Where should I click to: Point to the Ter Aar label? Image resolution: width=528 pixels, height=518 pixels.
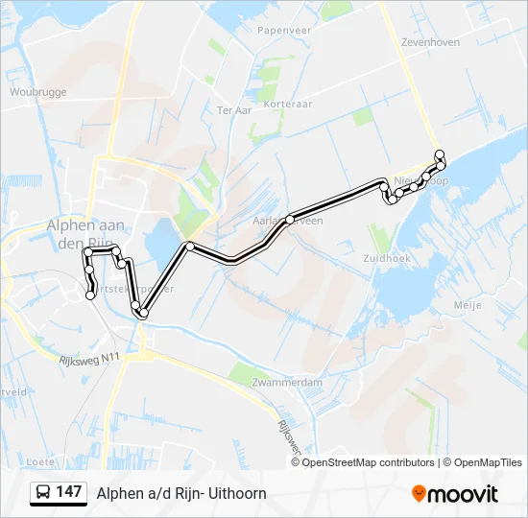pyautogui.click(x=234, y=110)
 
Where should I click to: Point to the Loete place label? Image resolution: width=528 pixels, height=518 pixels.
pyautogui.click(x=41, y=460)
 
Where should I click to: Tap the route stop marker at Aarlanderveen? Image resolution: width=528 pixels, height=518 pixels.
pyautogui.click(x=289, y=219)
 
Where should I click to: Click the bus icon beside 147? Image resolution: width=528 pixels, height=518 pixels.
pyautogui.click(x=43, y=493)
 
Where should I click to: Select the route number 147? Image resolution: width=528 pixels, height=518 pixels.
pyautogui.click(x=69, y=492)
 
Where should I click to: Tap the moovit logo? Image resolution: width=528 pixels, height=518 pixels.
pyautogui.click(x=455, y=493)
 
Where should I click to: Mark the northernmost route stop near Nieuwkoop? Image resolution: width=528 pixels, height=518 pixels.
pyautogui.click(x=439, y=154)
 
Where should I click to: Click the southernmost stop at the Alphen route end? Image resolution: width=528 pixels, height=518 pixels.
pyautogui.click(x=90, y=295)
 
